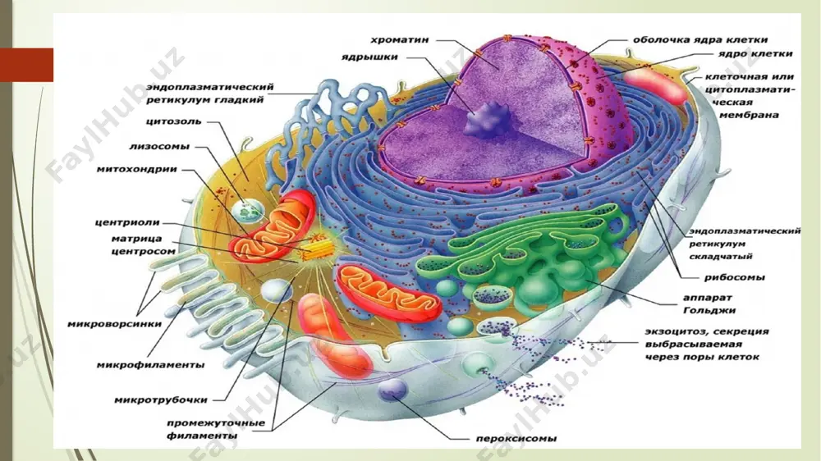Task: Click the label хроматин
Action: (400, 40)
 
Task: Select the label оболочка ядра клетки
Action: (700, 39)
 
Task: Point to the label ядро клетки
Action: (755, 53)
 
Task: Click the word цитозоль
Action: (173, 121)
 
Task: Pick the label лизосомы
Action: (159, 147)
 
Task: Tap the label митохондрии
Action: (136, 170)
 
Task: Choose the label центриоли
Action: (127, 222)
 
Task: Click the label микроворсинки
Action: (115, 325)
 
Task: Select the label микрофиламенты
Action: (150, 365)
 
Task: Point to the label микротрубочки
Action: (161, 400)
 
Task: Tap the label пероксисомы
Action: (516, 439)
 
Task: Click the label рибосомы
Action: (734, 277)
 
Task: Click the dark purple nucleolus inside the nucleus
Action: (488, 121)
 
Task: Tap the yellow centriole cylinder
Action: (315, 249)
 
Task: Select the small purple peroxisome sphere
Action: (392, 390)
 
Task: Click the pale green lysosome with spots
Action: (247, 211)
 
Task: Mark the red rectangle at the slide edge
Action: (27, 65)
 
